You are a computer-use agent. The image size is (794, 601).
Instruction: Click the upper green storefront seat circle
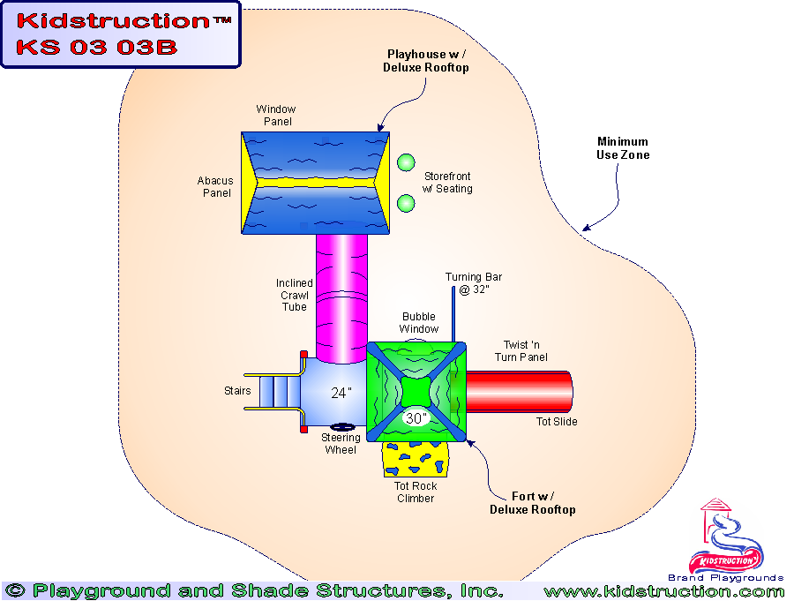tap(406, 162)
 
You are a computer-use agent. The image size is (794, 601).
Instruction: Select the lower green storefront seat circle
tap(406, 203)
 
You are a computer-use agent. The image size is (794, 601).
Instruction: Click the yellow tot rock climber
tap(415, 460)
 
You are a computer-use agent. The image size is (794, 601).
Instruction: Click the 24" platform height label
tap(341, 394)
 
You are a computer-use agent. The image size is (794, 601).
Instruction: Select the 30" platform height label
tap(415, 417)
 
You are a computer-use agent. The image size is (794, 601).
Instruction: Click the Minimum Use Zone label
tap(623, 148)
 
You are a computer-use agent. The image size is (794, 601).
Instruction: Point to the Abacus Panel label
tap(215, 187)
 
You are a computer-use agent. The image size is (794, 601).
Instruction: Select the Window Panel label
tap(274, 115)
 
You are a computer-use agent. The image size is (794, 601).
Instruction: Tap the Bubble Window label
tap(419, 323)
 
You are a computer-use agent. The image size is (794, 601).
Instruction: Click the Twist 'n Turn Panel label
tap(521, 351)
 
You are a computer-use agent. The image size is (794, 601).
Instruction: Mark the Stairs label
tap(237, 391)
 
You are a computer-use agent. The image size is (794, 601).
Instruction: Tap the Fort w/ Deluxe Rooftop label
tap(533, 503)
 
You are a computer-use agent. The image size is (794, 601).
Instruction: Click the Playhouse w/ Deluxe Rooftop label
tap(426, 61)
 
